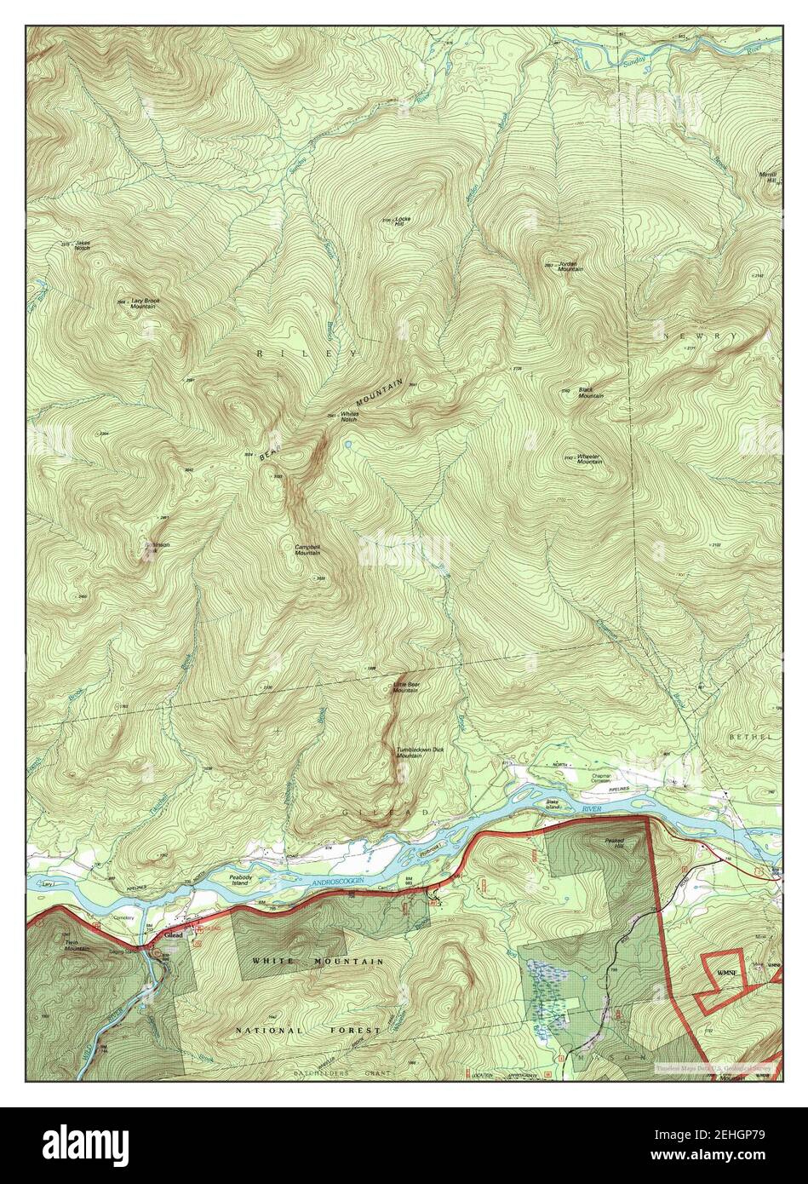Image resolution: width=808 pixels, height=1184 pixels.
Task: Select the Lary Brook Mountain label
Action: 145,302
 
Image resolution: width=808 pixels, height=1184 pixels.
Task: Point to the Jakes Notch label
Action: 83,245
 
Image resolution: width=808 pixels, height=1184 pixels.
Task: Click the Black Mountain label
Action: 591,392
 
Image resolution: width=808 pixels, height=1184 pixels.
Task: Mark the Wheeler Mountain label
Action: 589,458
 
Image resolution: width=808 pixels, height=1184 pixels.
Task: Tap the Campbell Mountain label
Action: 307,549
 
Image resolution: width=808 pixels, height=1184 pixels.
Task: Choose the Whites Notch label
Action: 349,417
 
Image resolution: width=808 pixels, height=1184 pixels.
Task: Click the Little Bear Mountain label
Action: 405,687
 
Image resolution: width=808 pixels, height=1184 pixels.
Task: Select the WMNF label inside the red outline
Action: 726,972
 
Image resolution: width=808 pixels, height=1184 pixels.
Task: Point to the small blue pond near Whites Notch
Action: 347,444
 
